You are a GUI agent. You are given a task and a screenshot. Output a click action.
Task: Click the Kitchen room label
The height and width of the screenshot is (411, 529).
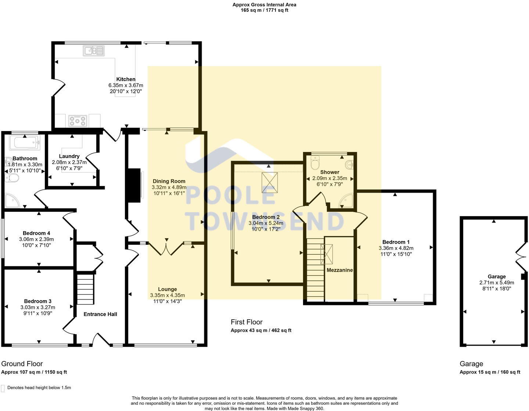coord(126,79)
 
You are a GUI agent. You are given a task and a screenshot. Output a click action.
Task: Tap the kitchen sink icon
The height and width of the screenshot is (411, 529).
coord(94,51)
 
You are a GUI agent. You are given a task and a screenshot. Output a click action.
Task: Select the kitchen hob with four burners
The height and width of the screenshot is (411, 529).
coord(78,120)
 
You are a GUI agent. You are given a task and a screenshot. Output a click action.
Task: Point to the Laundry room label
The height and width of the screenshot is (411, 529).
coord(69,156)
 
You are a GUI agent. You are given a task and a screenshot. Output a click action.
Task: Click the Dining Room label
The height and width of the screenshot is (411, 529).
coord(169,181)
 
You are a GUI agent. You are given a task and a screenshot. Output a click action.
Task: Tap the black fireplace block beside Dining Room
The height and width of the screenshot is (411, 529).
coord(133,186)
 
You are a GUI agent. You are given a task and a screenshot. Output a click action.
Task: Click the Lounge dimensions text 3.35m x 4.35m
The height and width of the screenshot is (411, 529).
coord(168,295)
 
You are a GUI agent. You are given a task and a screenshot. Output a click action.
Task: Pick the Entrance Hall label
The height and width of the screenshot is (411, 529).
coord(100,314)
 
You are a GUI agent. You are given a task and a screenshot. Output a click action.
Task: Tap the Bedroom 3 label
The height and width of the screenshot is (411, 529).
coord(38,301)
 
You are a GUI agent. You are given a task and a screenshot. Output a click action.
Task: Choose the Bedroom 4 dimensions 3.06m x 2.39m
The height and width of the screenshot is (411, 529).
coord(36,239)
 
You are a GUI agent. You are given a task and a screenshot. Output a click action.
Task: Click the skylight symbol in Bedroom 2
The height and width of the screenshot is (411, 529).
coord(270,183)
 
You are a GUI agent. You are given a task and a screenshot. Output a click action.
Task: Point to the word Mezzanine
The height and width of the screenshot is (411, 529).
coord(340,270)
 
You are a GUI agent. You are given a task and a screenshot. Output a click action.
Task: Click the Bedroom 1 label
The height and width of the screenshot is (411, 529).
coord(396,242)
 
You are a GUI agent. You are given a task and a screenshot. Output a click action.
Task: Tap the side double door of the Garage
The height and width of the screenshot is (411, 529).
coord(521,258)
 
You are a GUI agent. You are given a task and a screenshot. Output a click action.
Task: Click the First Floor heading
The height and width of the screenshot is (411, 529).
coord(246,322)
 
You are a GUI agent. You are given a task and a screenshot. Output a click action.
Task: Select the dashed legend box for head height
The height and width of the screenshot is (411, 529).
coord(3,388)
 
